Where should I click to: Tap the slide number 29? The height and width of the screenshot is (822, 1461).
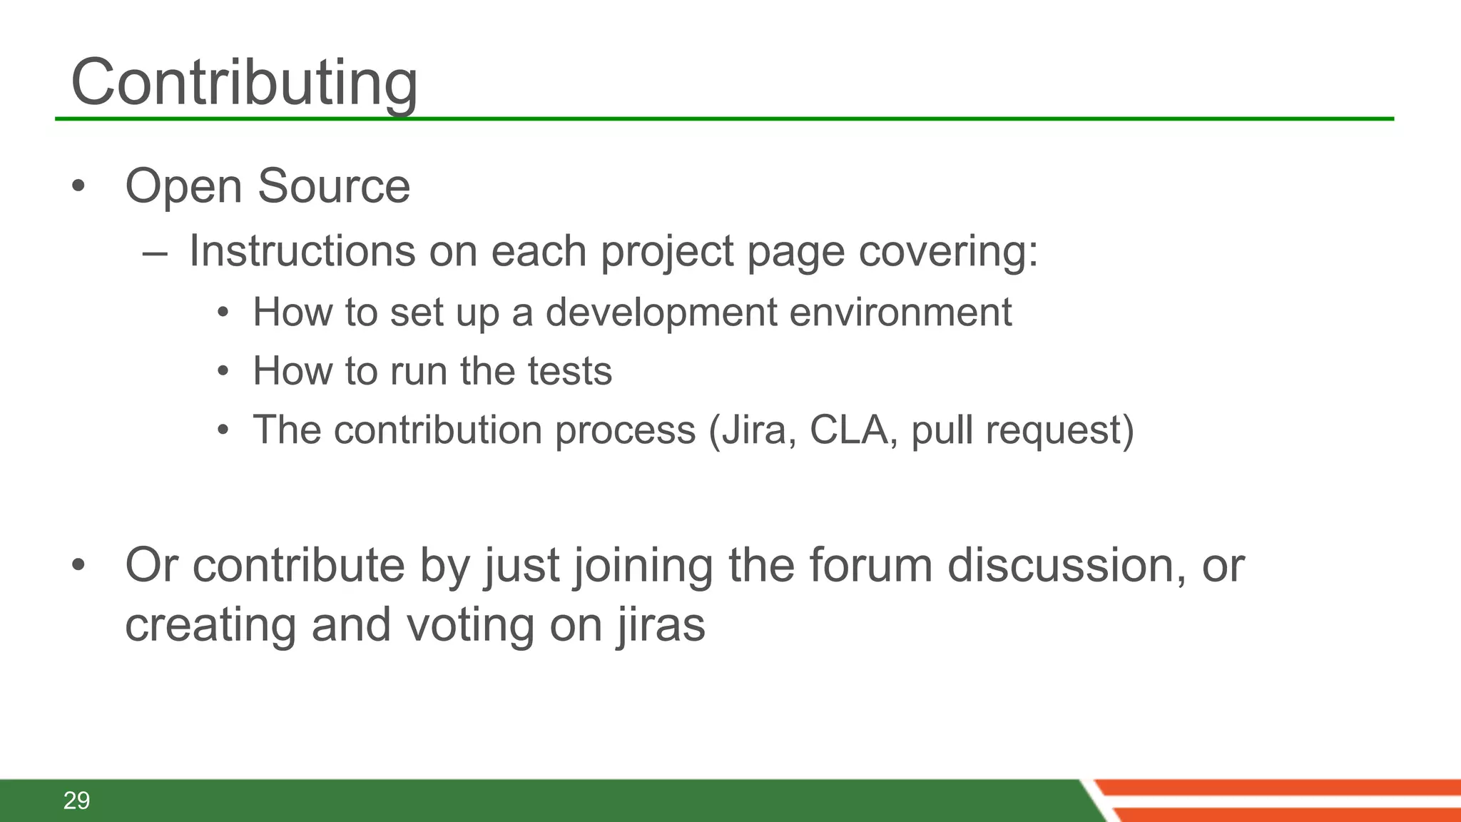(x=76, y=801)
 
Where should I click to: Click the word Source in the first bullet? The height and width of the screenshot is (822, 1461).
(x=333, y=186)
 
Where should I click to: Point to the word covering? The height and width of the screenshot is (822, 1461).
(x=948, y=251)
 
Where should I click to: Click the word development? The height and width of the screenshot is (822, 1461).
(x=661, y=313)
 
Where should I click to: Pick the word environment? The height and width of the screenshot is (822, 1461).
(x=900, y=313)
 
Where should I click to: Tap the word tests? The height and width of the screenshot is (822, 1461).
(x=569, y=371)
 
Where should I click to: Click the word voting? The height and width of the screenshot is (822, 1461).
(x=470, y=624)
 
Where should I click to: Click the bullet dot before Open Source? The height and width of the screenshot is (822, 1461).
(x=78, y=187)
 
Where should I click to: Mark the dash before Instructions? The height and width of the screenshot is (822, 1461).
(x=155, y=253)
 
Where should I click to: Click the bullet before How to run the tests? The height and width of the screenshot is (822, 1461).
(x=223, y=372)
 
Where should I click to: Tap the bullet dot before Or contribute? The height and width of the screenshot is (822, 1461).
(x=78, y=566)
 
